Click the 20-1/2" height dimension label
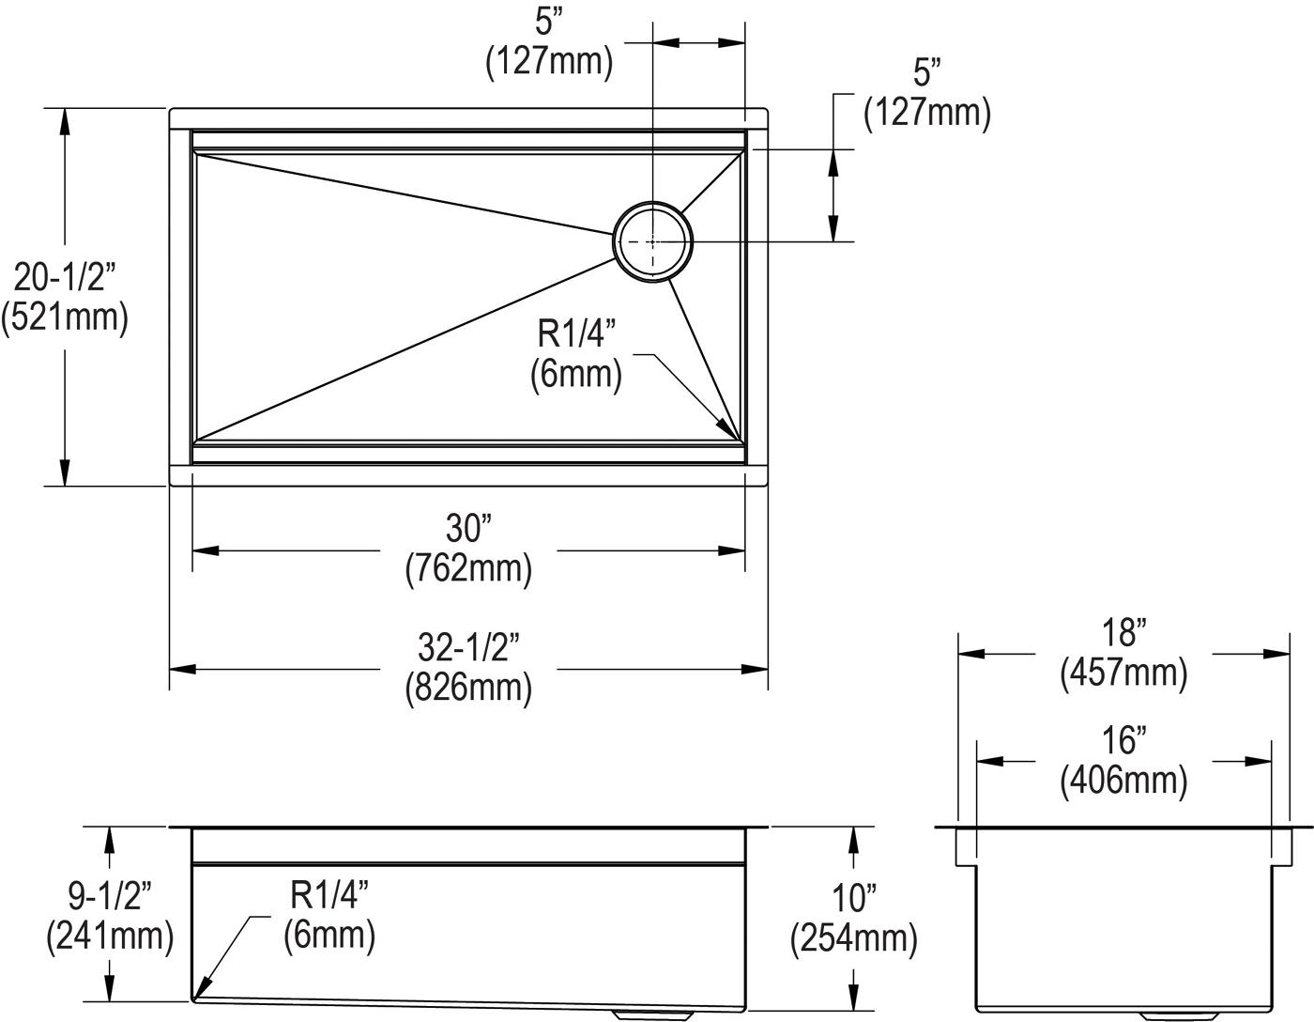tap(65, 278)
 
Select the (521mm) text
tap(65, 317)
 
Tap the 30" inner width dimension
tap(468, 528)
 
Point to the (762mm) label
tap(468, 568)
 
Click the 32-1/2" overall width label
tap(468, 647)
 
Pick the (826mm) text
tap(468, 687)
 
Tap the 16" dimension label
tap(1124, 740)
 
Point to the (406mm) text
tap(1123, 780)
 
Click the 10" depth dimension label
tap(854, 898)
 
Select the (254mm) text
tap(854, 938)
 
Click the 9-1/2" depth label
tap(110, 895)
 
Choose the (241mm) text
tap(110, 936)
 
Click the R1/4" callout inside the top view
tap(576, 333)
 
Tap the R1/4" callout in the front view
tap(329, 895)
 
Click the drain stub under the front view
tap(652, 1012)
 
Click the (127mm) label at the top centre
tap(549, 62)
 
